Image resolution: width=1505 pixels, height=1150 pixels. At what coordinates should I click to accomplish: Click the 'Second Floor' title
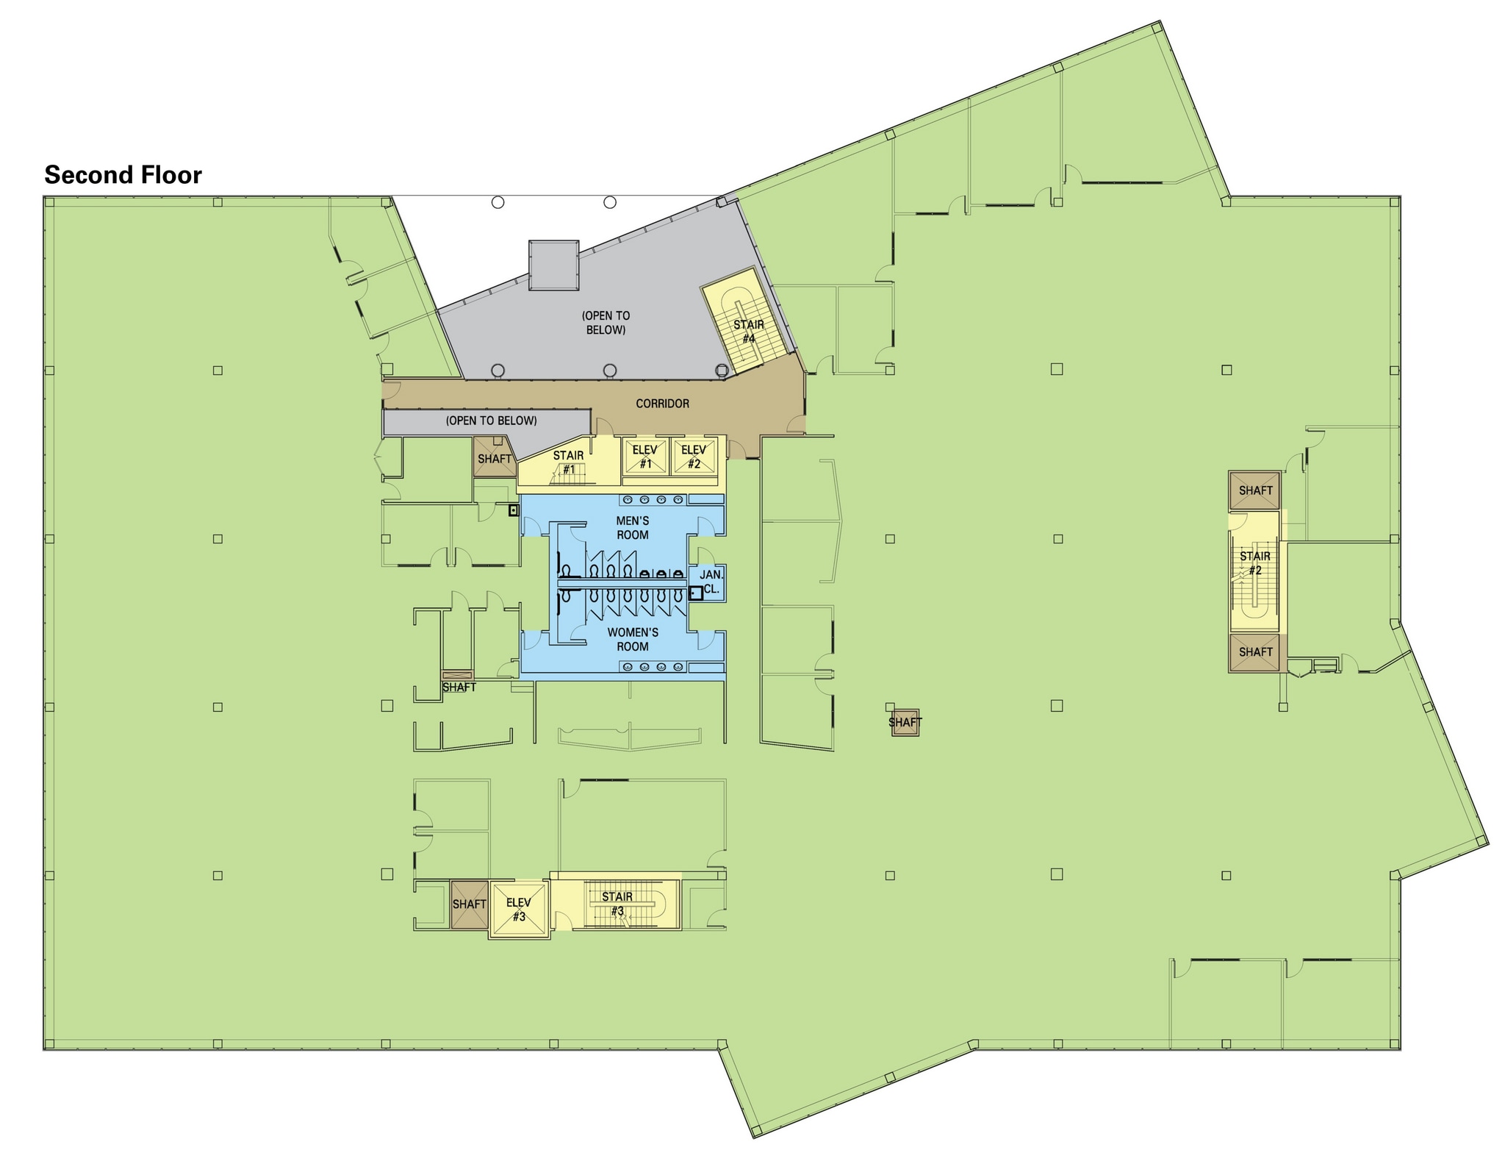(123, 175)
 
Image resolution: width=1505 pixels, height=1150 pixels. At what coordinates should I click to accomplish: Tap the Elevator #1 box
(644, 457)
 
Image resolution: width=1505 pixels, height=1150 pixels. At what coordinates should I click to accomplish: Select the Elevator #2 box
(693, 457)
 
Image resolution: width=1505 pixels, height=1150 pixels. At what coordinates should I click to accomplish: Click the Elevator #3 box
(519, 910)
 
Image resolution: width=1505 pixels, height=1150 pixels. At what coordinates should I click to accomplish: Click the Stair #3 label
(617, 904)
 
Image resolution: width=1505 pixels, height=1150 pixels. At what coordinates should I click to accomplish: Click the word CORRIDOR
(662, 404)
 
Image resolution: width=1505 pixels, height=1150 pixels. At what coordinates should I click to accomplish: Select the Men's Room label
(632, 528)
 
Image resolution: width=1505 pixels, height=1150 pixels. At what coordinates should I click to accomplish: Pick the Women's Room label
(632, 639)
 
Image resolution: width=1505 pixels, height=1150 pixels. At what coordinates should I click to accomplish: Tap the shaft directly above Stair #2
(1255, 490)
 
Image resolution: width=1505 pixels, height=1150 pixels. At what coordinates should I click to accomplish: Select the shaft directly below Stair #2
(1255, 652)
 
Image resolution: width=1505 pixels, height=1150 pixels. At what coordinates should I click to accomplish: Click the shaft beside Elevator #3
(469, 904)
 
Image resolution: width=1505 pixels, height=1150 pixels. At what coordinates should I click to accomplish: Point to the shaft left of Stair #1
(494, 459)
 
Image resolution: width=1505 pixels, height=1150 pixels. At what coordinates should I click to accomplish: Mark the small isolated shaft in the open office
(905, 722)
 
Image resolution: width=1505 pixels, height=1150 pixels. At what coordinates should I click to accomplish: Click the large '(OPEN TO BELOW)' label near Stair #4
(606, 323)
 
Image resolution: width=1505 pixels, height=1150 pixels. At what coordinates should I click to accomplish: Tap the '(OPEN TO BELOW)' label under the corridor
(491, 421)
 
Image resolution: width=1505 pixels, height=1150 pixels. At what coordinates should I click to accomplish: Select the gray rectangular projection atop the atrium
(553, 265)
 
